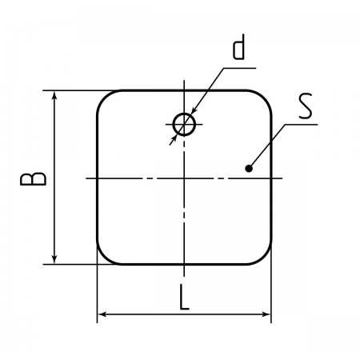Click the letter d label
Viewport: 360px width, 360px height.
point(238,47)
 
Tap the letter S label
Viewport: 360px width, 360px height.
point(305,106)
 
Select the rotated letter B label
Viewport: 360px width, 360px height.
point(33,179)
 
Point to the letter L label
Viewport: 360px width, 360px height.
point(184,298)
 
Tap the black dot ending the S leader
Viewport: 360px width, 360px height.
point(249,169)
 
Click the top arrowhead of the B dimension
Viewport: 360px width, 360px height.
point(54,95)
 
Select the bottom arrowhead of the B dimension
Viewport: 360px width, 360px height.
point(54,259)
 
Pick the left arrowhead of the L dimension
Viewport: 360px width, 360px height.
point(102,314)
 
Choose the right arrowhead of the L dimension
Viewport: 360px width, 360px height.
point(266,314)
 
